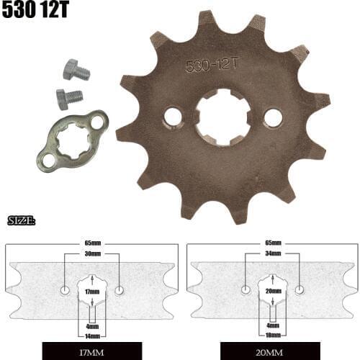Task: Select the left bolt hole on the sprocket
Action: pos(173,115)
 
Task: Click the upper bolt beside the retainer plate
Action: pos(74,71)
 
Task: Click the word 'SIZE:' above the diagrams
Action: pos(21,220)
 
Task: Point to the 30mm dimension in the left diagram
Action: pos(91,254)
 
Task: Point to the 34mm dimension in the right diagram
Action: pos(272,254)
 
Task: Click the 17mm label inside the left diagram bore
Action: pos(91,292)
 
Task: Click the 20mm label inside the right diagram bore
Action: pos(272,292)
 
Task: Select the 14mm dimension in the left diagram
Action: pos(91,335)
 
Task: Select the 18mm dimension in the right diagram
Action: pos(272,335)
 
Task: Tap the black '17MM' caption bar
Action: pos(91,353)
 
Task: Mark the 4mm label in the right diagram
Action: pos(272,325)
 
